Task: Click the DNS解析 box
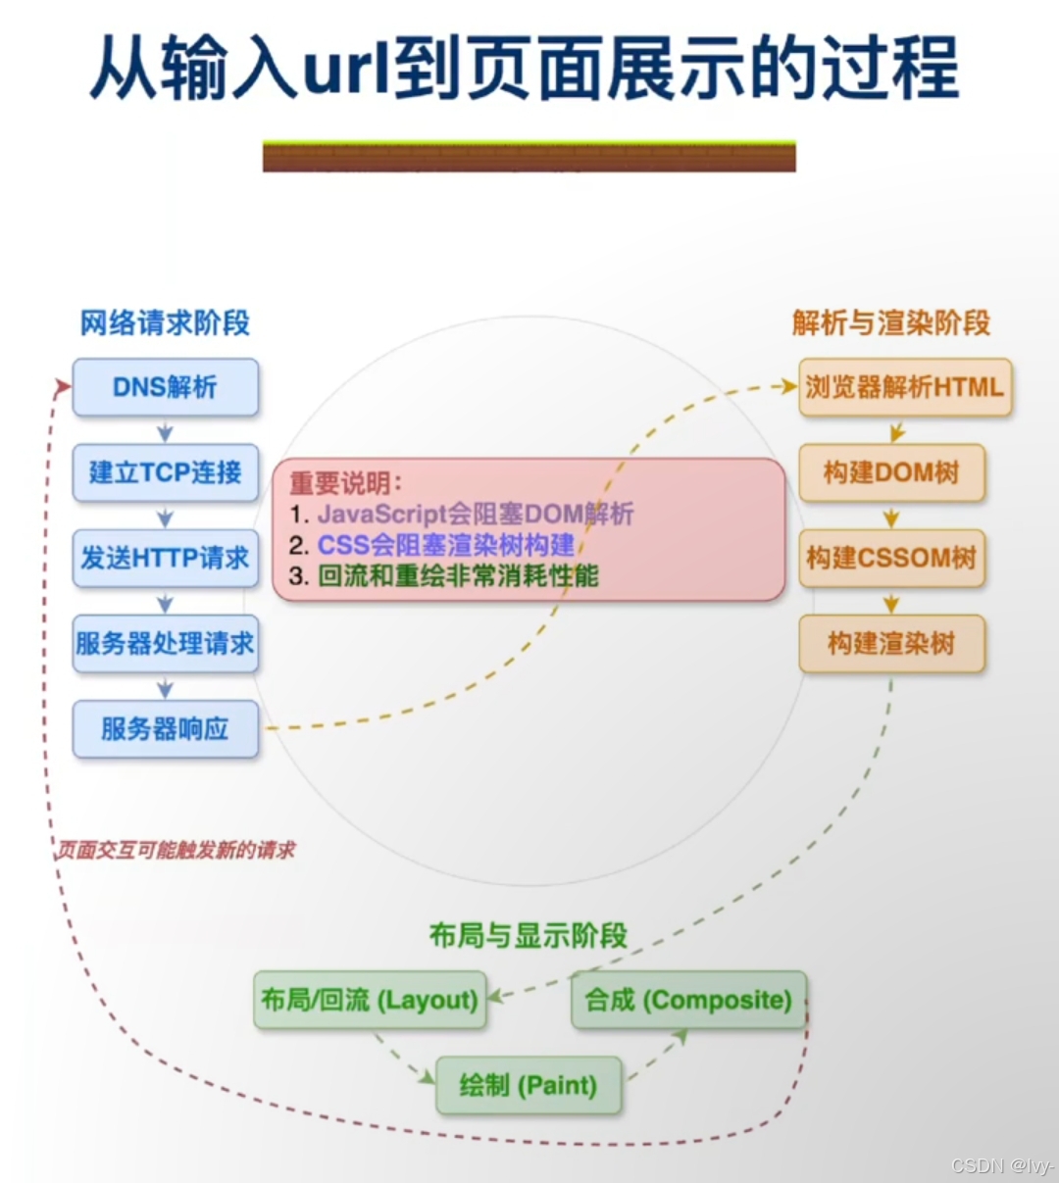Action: (x=165, y=387)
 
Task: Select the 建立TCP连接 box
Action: (x=165, y=472)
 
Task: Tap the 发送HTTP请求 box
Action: (x=165, y=558)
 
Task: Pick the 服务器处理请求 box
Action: (x=165, y=643)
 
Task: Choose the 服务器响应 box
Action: (x=165, y=728)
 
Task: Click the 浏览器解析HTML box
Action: (x=904, y=387)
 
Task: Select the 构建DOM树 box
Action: (x=890, y=472)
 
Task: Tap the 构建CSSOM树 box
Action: (x=890, y=558)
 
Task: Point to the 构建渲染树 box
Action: (x=890, y=643)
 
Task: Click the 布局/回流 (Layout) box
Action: (x=370, y=1000)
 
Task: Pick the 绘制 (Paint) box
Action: (x=528, y=1085)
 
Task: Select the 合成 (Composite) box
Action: (x=688, y=1000)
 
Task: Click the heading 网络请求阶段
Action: (x=165, y=322)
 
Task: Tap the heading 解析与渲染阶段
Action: (x=890, y=322)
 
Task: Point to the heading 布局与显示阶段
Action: (x=528, y=935)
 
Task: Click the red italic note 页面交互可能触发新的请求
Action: (x=175, y=850)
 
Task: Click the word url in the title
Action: (x=346, y=69)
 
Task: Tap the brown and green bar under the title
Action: (x=529, y=157)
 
